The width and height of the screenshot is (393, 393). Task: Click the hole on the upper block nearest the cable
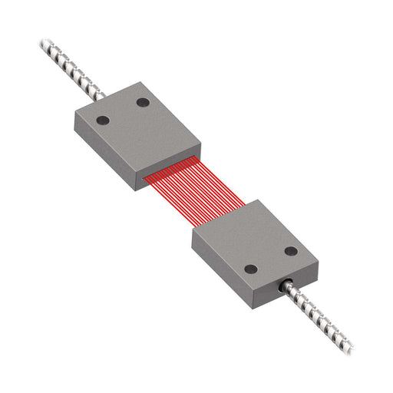(143, 102)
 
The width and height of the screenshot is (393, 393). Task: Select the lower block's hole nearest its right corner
(291, 251)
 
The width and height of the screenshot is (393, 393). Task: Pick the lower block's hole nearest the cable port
(250, 269)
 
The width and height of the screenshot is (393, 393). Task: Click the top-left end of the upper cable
(43, 44)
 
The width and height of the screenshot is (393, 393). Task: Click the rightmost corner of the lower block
(318, 259)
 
